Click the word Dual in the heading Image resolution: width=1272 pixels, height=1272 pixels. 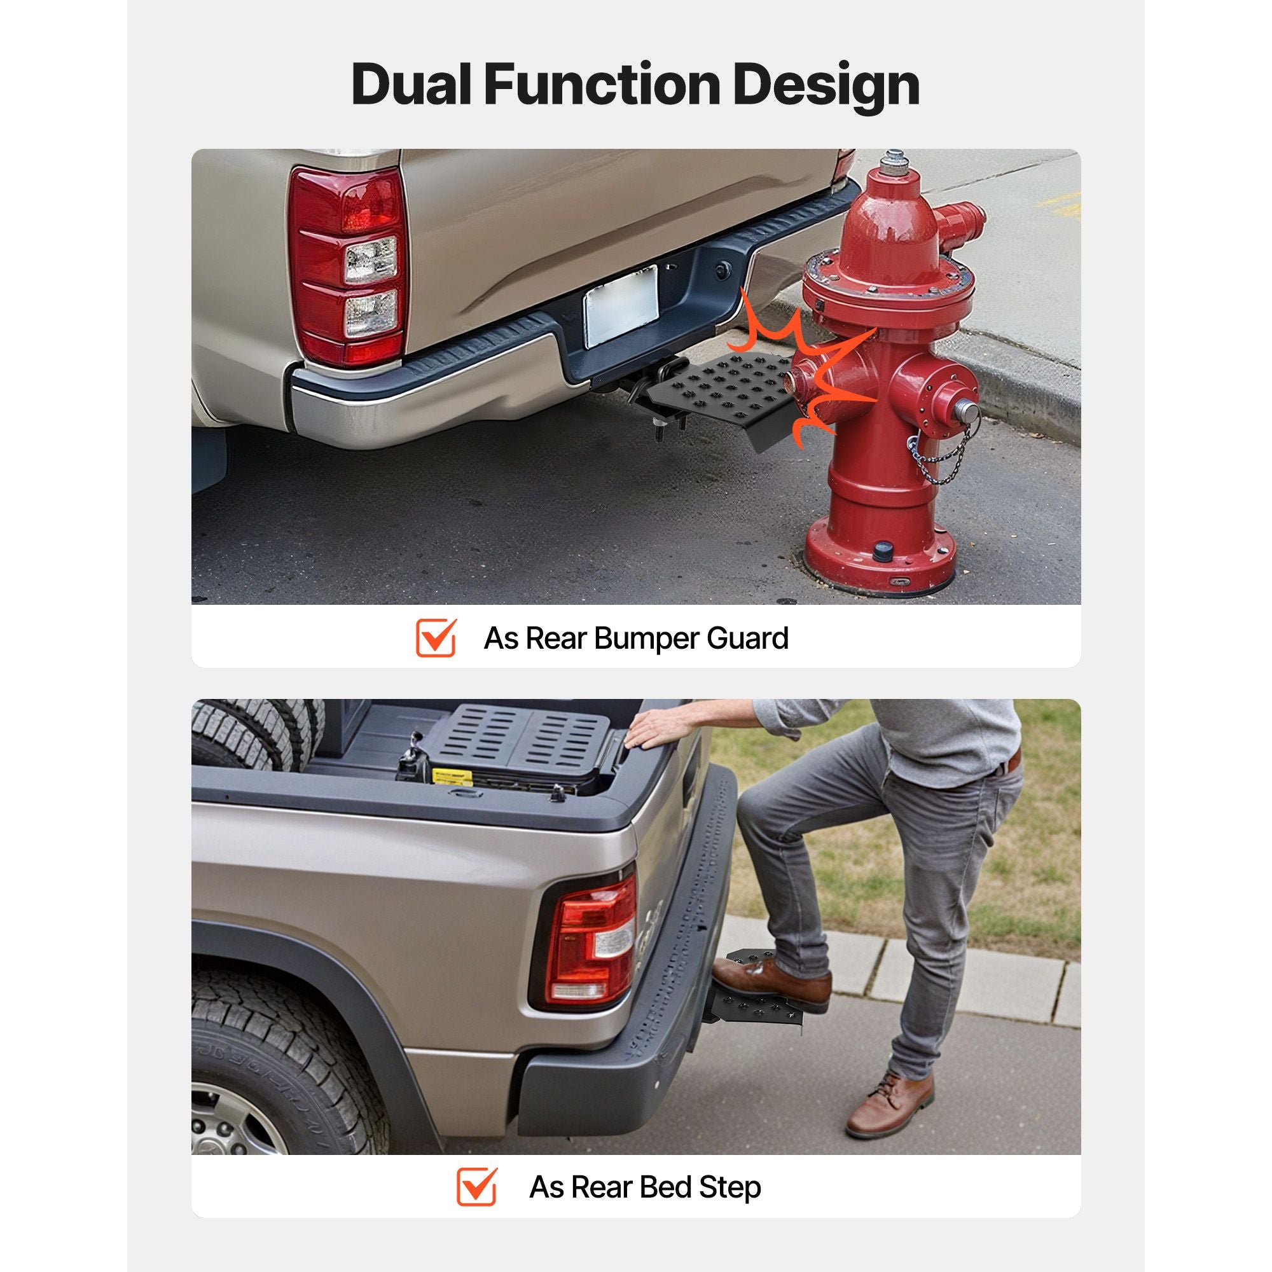coord(411,85)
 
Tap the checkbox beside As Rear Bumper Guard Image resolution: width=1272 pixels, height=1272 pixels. coord(436,637)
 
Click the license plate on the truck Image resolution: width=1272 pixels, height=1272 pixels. coord(621,305)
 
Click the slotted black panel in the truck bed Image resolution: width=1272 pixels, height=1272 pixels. coord(523,738)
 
